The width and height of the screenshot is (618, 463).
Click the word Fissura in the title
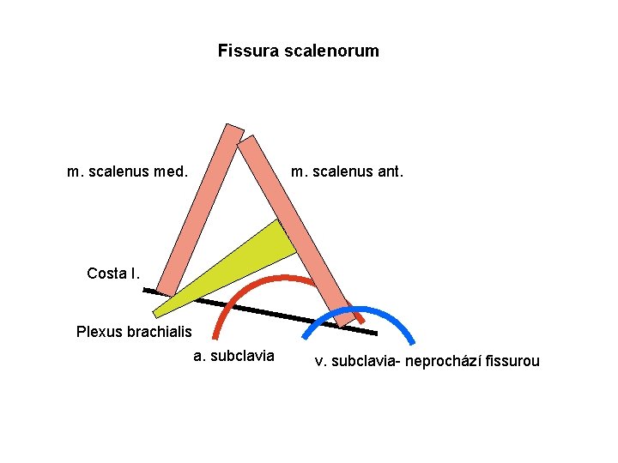point(242,51)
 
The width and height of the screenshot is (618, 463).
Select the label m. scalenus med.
point(127,171)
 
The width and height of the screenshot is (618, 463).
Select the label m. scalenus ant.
point(347,171)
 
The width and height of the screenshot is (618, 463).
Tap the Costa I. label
point(112,274)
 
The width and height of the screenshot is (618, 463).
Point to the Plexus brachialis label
point(134,331)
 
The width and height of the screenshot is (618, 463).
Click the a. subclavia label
point(234,355)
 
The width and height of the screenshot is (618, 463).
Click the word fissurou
point(512,361)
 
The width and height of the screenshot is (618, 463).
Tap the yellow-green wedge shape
point(257,257)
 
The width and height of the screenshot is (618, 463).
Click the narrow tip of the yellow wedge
point(157,313)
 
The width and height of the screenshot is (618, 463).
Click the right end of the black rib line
point(375,333)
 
